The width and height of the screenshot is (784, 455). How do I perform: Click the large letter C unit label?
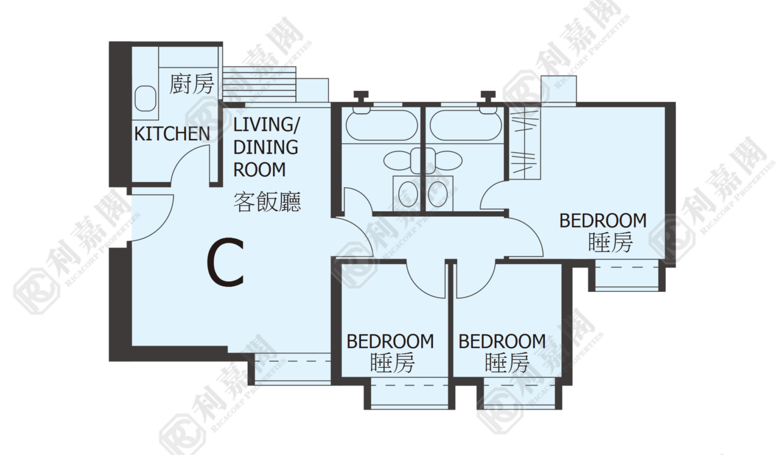[x=225, y=262]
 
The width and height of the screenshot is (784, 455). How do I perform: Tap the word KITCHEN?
[x=172, y=133]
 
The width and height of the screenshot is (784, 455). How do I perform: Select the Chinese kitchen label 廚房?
[x=191, y=84]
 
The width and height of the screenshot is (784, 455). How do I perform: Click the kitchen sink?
[x=145, y=99]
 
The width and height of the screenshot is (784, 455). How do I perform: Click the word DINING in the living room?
[x=266, y=147]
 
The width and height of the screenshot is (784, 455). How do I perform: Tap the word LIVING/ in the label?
[x=267, y=125]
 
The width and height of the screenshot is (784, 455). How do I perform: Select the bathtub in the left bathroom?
[x=381, y=125]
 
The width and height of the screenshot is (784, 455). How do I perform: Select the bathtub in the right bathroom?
[x=465, y=125]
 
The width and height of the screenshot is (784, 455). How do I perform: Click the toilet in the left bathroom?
[x=403, y=161]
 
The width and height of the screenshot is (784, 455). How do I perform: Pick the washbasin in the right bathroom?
[x=438, y=194]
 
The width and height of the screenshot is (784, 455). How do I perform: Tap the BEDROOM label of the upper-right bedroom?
[x=603, y=221]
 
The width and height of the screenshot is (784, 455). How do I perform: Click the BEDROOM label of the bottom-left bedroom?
[x=390, y=341]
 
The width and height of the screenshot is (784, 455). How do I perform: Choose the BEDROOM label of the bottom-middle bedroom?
[x=502, y=341]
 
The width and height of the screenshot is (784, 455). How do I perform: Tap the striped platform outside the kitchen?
[x=260, y=84]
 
